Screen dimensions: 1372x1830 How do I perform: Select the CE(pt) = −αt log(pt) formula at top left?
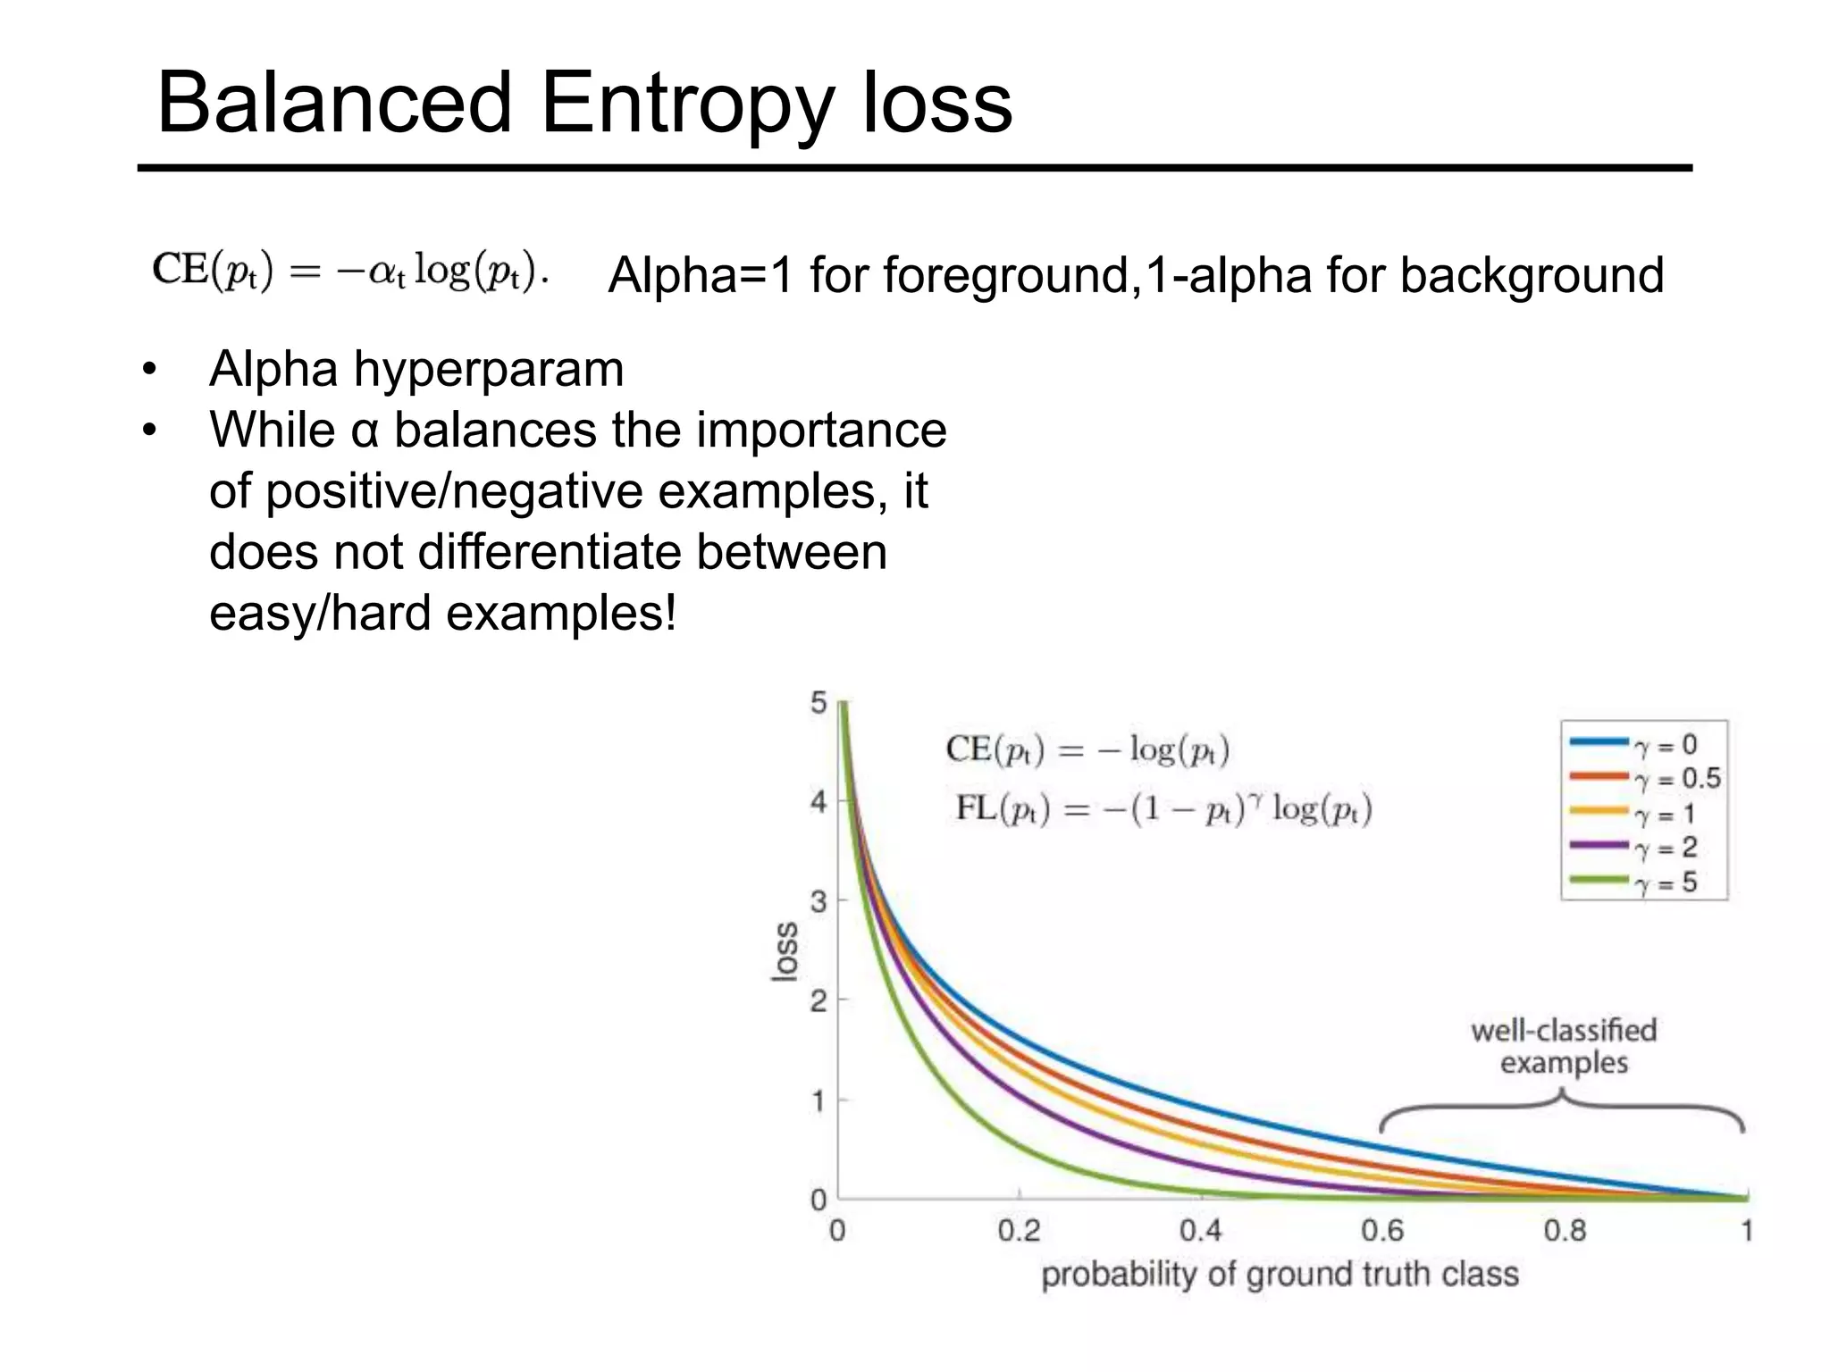[350, 270]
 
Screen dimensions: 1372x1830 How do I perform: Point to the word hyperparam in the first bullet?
[489, 369]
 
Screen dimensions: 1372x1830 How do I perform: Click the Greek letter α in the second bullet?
[365, 431]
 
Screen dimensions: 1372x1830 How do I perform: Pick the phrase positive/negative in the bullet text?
[454, 491]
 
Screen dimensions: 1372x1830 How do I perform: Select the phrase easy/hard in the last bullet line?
[320, 614]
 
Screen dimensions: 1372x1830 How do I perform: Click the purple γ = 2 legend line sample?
[1599, 845]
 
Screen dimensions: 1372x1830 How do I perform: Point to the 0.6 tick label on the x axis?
[1382, 1231]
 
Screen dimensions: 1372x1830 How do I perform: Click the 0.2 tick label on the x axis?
[1019, 1231]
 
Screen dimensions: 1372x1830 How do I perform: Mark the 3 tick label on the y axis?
[818, 901]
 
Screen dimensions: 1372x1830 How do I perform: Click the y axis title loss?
[784, 952]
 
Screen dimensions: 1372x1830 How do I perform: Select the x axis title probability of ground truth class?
[1280, 1274]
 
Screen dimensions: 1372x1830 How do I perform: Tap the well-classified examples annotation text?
[1564, 1046]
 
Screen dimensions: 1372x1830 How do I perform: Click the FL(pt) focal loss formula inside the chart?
[1163, 809]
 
